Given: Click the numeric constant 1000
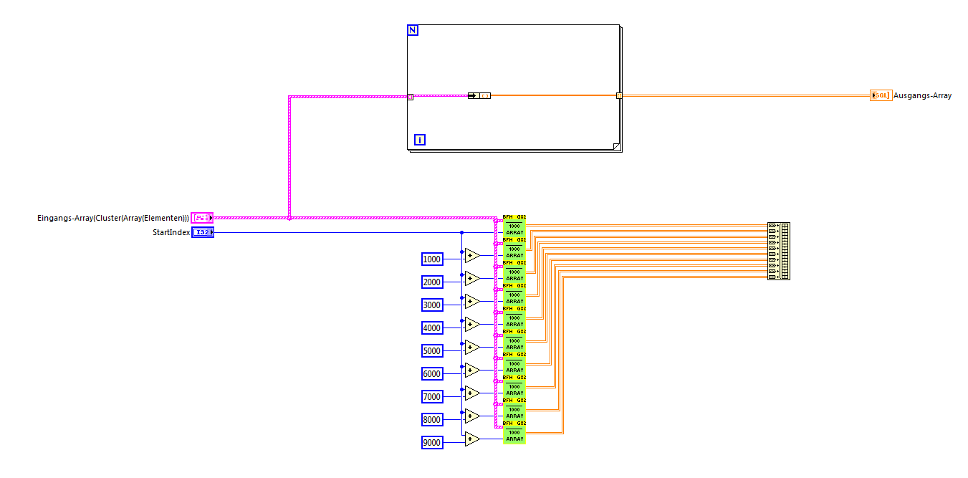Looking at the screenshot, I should (432, 259).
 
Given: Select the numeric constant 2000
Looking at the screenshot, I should (432, 282).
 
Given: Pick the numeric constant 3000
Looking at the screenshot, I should (432, 305).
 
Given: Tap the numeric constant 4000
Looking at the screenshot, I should (432, 328).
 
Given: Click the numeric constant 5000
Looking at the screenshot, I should (432, 351).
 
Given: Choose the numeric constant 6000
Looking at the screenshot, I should (432, 374).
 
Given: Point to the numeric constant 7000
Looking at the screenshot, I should (432, 397).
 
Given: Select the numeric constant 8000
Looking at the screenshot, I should (432, 420).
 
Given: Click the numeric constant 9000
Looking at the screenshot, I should (432, 443).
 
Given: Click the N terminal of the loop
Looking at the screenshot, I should (413, 30).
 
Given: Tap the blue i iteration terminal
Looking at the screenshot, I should (420, 140).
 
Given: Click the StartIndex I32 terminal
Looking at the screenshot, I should (203, 232).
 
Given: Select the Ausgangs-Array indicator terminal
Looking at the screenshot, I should (881, 95).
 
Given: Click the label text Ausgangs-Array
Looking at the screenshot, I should (922, 95).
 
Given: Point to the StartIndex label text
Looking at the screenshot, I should (171, 232).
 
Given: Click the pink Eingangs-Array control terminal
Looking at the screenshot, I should (202, 217).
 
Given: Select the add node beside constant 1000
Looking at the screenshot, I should (471, 256).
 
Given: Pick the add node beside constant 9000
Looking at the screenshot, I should (471, 439).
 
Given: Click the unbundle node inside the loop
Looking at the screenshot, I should (479, 95).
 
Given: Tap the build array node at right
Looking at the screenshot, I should (778, 251).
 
